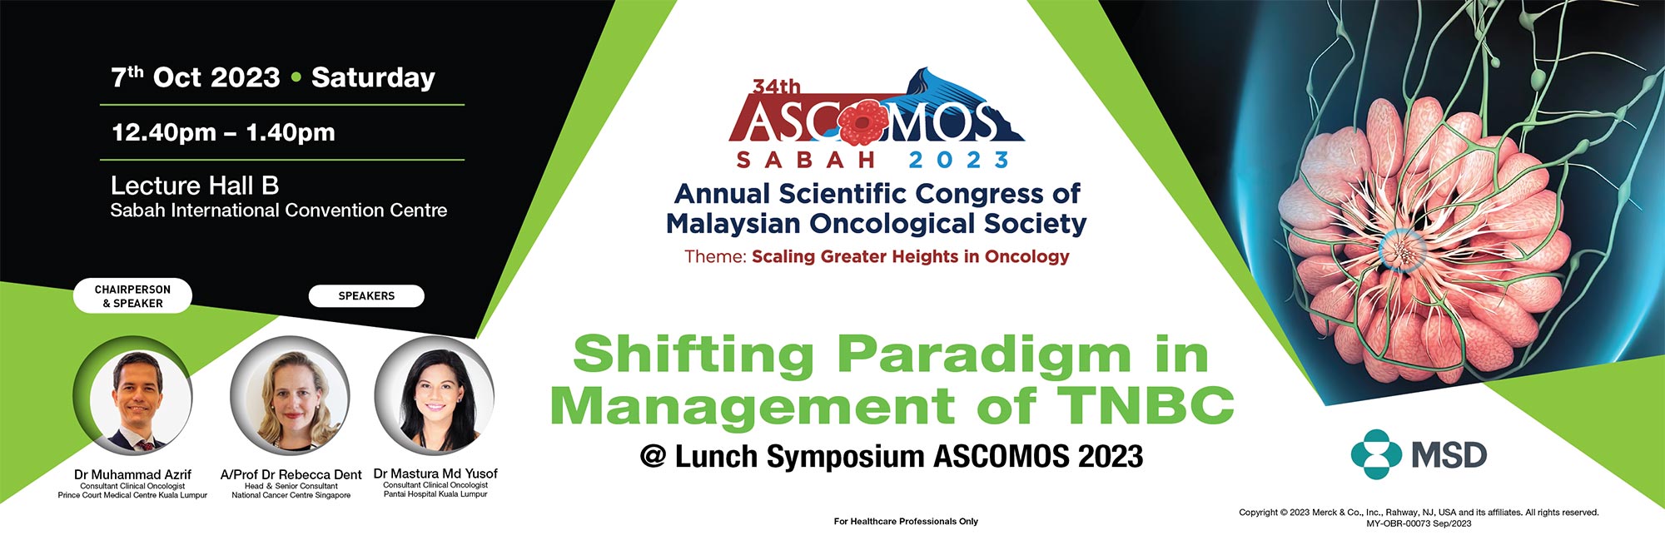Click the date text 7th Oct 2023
[x=196, y=77]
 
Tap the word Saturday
[x=373, y=78]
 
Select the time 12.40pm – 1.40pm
[x=223, y=132]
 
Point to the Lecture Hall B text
[x=195, y=185]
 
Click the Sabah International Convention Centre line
[x=279, y=211]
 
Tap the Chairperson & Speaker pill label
[x=132, y=296]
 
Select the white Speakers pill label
[x=366, y=296]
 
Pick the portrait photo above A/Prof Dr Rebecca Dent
[x=290, y=397]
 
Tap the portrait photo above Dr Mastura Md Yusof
[x=435, y=397]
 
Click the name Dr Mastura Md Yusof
[x=435, y=473]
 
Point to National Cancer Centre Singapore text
[x=291, y=495]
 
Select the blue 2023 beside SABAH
[x=959, y=160]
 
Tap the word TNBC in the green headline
[x=1146, y=405]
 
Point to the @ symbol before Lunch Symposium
[x=653, y=456]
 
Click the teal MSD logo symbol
[x=1376, y=454]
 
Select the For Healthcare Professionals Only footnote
[x=906, y=522]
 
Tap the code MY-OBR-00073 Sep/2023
[x=1419, y=523]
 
